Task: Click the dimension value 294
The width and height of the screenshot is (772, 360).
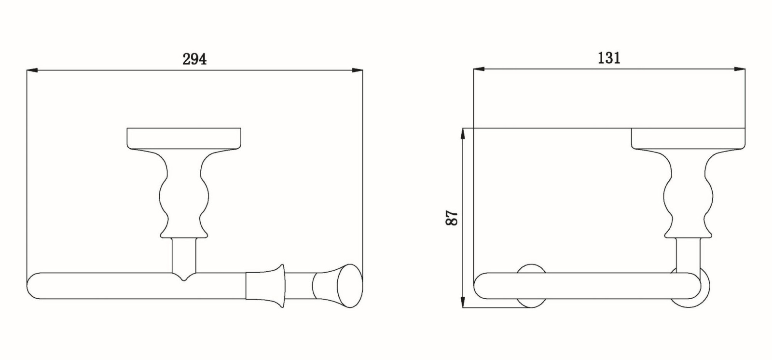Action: (x=194, y=59)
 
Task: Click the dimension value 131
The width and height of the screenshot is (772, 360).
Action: (x=609, y=58)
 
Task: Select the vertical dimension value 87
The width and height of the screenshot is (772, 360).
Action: (x=452, y=218)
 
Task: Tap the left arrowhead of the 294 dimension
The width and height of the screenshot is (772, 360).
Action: (x=32, y=70)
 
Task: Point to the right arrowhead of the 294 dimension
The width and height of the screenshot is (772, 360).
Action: (x=358, y=70)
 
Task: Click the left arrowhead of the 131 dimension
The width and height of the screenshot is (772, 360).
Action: (x=479, y=69)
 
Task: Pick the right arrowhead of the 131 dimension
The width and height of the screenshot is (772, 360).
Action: (x=740, y=69)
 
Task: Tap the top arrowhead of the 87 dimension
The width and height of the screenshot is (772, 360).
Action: (x=463, y=134)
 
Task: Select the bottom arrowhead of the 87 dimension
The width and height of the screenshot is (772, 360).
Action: (x=463, y=302)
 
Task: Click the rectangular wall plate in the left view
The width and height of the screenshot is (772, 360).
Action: (x=184, y=138)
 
